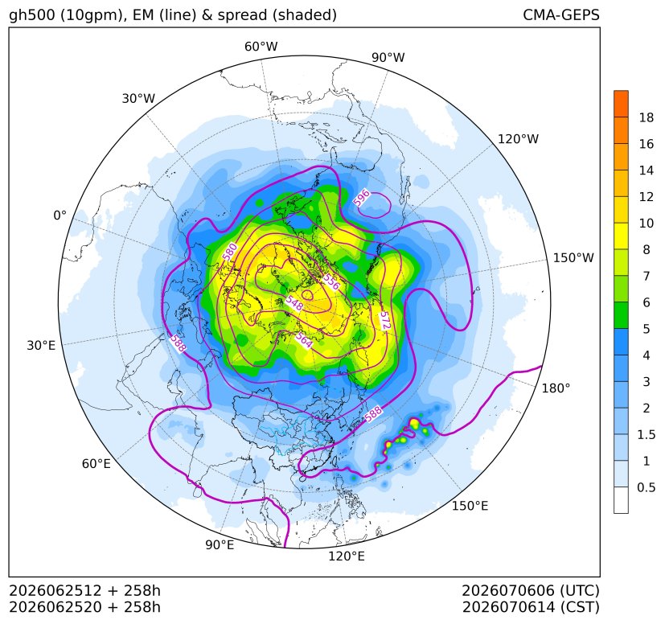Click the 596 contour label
click(361, 199)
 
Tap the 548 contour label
click(294, 302)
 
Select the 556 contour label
click(331, 281)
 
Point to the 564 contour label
click(304, 340)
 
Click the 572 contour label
click(384, 320)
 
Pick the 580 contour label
click(229, 252)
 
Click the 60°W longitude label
click(261, 47)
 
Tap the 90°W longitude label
click(388, 57)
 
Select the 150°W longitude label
click(573, 258)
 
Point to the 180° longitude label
click(556, 388)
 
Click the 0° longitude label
click(60, 216)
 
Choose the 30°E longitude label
click(41, 345)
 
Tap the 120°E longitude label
click(347, 556)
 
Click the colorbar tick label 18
click(647, 118)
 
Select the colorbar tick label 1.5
click(647, 434)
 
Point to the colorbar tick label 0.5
click(647, 487)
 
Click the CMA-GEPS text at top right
click(561, 14)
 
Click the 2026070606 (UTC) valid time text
click(531, 590)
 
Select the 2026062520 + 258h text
click(84, 607)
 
